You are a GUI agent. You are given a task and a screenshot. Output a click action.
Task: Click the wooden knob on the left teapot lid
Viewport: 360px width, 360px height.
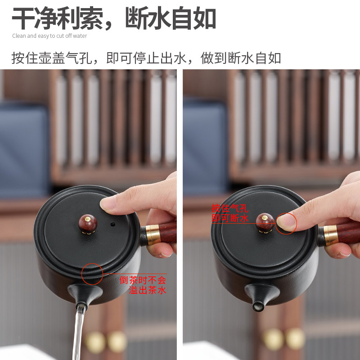coord(88,223)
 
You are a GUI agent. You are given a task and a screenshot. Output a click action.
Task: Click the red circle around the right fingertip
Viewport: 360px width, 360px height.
coord(286,224)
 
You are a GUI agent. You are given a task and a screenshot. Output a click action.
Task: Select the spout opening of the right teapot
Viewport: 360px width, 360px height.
coord(258,306)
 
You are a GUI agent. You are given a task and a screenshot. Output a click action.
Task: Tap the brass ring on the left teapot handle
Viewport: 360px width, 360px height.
coord(153,234)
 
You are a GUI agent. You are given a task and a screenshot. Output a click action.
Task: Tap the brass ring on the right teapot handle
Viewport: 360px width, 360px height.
coord(331,235)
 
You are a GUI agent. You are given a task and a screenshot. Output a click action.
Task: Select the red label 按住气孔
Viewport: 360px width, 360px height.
coord(229,208)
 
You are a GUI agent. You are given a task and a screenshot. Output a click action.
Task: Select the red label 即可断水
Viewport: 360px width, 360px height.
coord(229,218)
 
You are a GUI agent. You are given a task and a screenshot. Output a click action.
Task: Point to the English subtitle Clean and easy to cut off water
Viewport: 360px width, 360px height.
coord(49,36)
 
